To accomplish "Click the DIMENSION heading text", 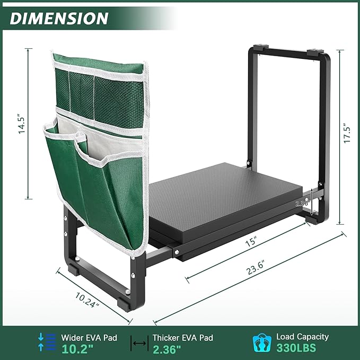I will click(x=59, y=18).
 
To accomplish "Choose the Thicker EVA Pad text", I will click(x=182, y=337).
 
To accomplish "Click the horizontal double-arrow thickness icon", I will click(x=139, y=344).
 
